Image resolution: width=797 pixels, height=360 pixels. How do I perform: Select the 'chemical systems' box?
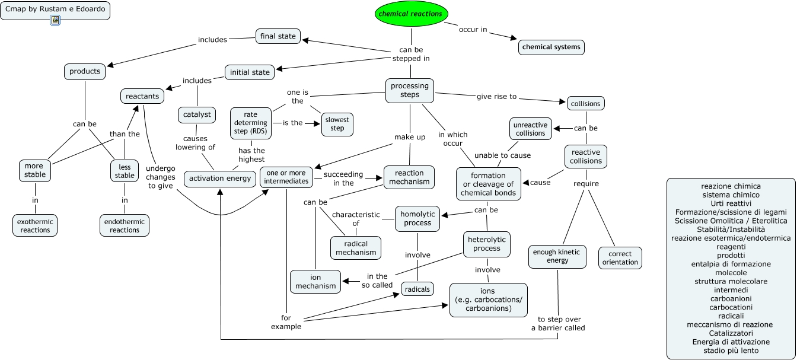(551, 47)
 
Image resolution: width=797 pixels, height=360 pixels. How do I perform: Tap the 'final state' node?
(278, 37)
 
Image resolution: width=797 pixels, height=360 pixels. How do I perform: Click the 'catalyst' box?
(196, 114)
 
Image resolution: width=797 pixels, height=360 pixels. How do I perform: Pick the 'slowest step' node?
(337, 124)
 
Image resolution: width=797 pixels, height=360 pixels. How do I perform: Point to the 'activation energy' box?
(219, 179)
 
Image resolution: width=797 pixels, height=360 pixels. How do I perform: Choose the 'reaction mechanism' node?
(409, 177)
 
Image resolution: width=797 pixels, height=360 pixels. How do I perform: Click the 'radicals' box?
(417, 289)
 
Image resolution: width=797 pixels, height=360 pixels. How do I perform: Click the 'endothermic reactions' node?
(125, 225)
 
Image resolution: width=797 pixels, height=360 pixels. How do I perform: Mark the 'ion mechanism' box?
(315, 281)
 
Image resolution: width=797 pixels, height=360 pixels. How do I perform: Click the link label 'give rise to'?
(497, 96)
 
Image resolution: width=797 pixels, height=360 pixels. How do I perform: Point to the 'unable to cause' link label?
(502, 155)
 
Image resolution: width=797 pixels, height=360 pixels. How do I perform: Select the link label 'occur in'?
(473, 30)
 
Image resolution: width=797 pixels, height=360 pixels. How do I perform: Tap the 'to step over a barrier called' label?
(557, 323)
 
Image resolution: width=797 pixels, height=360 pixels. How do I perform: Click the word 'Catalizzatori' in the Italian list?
(730, 333)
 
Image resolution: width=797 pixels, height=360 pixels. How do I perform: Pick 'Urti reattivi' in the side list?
(730, 203)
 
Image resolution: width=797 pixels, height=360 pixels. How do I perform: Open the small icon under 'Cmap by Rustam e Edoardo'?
(55, 20)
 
